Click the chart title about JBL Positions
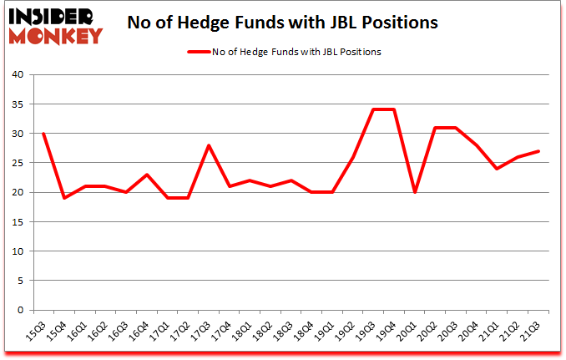(x=282, y=23)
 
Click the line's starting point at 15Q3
(x=43, y=134)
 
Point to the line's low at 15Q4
(x=63, y=198)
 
